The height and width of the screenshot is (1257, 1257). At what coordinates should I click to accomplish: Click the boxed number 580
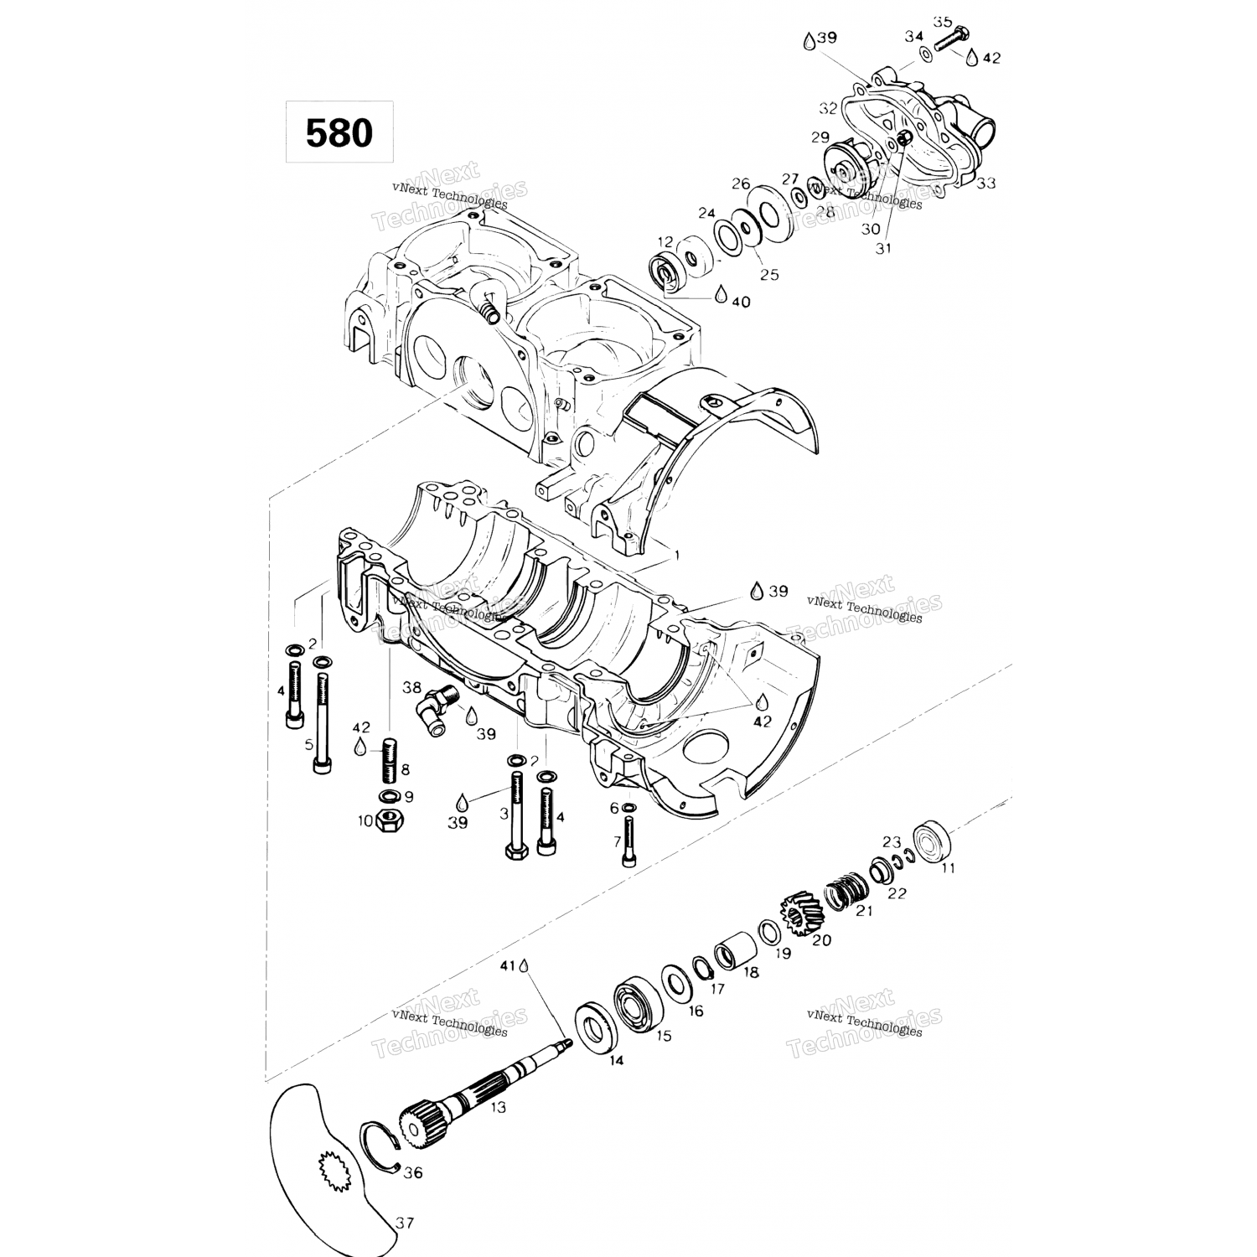click(339, 132)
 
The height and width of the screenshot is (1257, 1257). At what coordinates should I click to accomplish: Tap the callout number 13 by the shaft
click(499, 1107)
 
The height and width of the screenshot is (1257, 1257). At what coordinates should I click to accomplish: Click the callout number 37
click(406, 1223)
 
